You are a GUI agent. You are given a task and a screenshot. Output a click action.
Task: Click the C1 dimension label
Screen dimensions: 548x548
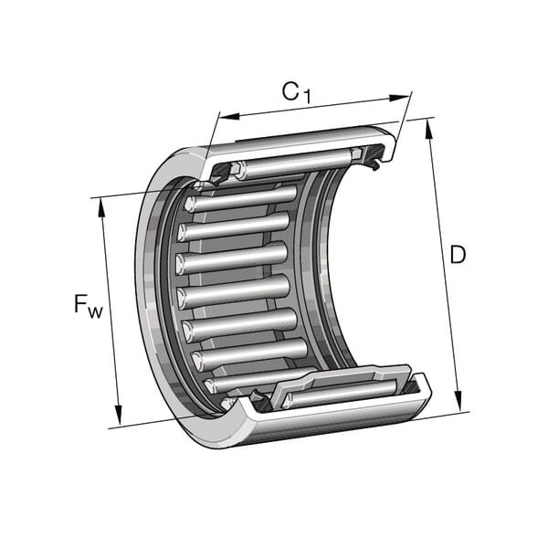click(296, 92)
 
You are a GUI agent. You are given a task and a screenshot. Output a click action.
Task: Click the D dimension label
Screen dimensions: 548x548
click(458, 255)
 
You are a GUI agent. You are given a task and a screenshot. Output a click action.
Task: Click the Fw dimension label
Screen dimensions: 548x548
click(89, 305)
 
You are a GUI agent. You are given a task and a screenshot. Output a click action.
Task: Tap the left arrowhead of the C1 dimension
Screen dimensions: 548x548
click(229, 116)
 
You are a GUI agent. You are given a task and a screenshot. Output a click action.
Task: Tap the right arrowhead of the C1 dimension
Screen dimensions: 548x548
click(399, 98)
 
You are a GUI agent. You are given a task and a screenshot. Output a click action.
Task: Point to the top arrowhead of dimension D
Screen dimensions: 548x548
click(428, 129)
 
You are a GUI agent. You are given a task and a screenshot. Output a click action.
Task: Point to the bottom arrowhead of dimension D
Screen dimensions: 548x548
click(458, 401)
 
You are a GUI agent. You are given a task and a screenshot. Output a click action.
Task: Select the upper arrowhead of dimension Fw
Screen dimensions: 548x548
click(102, 207)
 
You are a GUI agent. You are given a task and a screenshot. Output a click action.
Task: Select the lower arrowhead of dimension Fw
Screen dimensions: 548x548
click(119, 415)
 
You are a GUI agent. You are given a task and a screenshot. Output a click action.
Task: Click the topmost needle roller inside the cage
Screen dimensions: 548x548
click(241, 198)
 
